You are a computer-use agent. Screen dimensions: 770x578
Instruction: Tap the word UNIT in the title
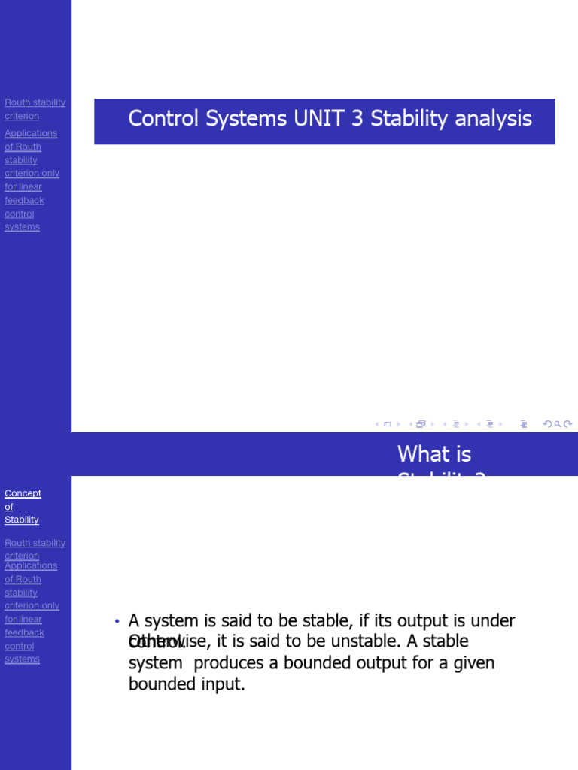pyautogui.click(x=323, y=119)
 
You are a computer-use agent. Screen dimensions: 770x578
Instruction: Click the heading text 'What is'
pyautogui.click(x=434, y=454)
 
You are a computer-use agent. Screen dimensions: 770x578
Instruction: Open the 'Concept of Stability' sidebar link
pyautogui.click(x=23, y=506)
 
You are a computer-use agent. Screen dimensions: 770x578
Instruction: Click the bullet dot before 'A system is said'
pyautogui.click(x=117, y=621)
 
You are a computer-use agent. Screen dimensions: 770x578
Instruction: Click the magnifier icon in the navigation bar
pyautogui.click(x=558, y=424)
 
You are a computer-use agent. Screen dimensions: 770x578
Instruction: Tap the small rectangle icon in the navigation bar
pyautogui.click(x=388, y=424)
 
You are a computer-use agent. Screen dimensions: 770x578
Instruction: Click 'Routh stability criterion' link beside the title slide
pyautogui.click(x=35, y=109)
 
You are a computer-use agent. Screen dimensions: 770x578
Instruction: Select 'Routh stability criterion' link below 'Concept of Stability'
pyautogui.click(x=35, y=549)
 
